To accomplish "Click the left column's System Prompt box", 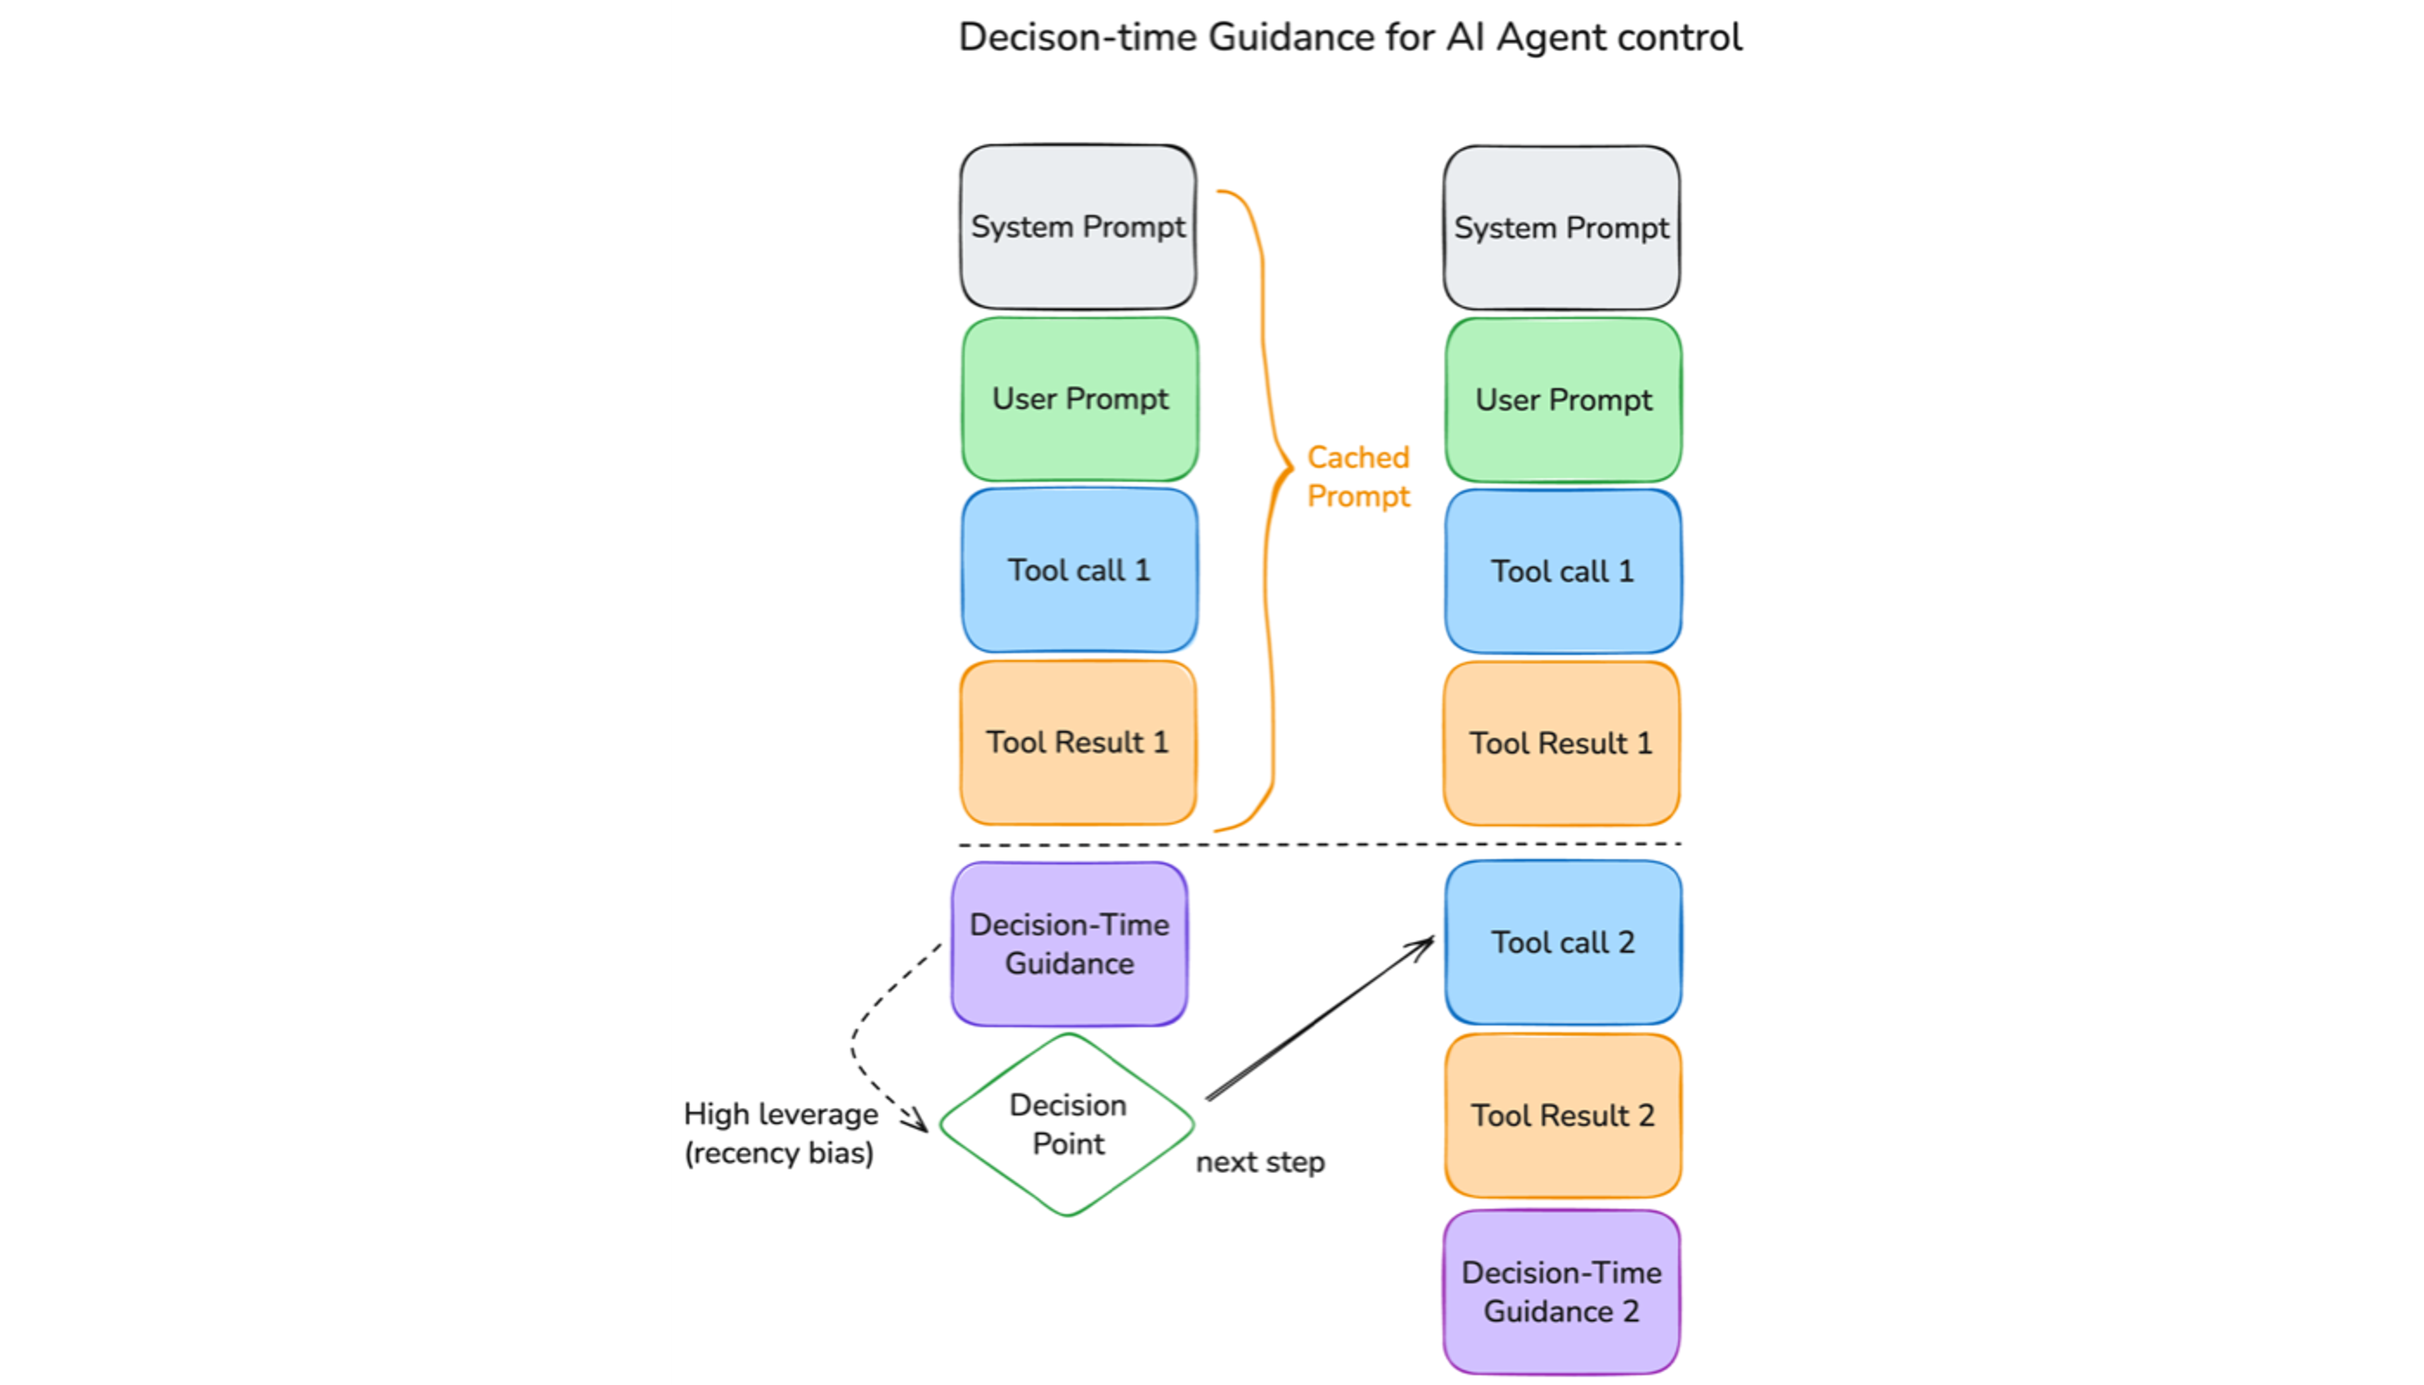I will pos(1078,227).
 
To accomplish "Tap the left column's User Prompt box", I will pos(1079,398).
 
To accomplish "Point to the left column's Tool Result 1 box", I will pos(1078,742).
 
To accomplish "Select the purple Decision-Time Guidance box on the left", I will pos(1069,944).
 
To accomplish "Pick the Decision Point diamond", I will pos(1067,1124).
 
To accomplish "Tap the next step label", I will pos(1259,1162).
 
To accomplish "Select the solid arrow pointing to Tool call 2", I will pos(1320,1018).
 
